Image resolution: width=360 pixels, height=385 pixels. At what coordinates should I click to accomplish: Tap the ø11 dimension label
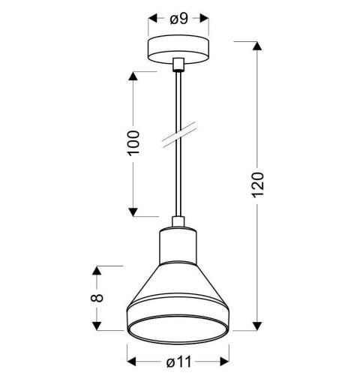(x=178, y=362)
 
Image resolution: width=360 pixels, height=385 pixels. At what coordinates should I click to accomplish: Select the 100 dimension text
(x=133, y=143)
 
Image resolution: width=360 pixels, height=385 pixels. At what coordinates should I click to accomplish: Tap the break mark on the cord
(x=178, y=133)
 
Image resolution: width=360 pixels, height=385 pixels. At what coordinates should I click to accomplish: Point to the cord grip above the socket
(x=178, y=222)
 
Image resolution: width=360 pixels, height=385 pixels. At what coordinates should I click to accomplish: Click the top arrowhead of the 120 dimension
(x=257, y=47)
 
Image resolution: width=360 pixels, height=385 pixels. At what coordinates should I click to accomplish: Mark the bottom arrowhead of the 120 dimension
(x=257, y=324)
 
